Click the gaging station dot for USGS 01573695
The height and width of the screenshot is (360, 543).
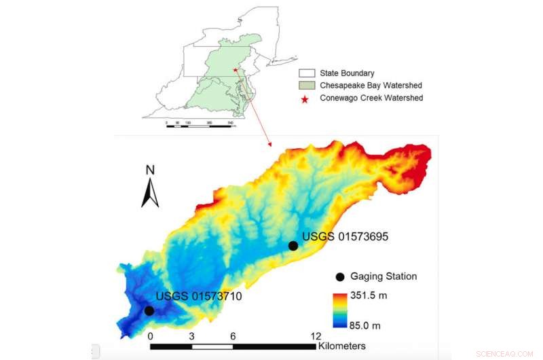[x=293, y=245]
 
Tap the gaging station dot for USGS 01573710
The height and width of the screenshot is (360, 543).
[x=149, y=310]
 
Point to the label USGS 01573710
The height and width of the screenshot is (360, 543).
[x=199, y=296]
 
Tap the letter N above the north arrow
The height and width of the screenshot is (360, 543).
[x=151, y=170]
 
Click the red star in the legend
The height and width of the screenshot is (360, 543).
[x=305, y=98]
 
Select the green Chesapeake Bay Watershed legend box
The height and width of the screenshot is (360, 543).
[x=307, y=86]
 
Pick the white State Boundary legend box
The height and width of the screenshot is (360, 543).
[x=307, y=73]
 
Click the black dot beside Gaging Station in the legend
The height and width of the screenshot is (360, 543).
[x=339, y=277]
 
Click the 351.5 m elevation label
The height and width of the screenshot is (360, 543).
[x=367, y=296]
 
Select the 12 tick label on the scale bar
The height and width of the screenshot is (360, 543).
[x=314, y=336]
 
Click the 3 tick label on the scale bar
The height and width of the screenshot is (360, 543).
[x=191, y=336]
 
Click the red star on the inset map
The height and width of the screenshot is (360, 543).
[x=233, y=69]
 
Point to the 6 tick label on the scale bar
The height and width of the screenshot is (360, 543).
[x=233, y=336]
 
